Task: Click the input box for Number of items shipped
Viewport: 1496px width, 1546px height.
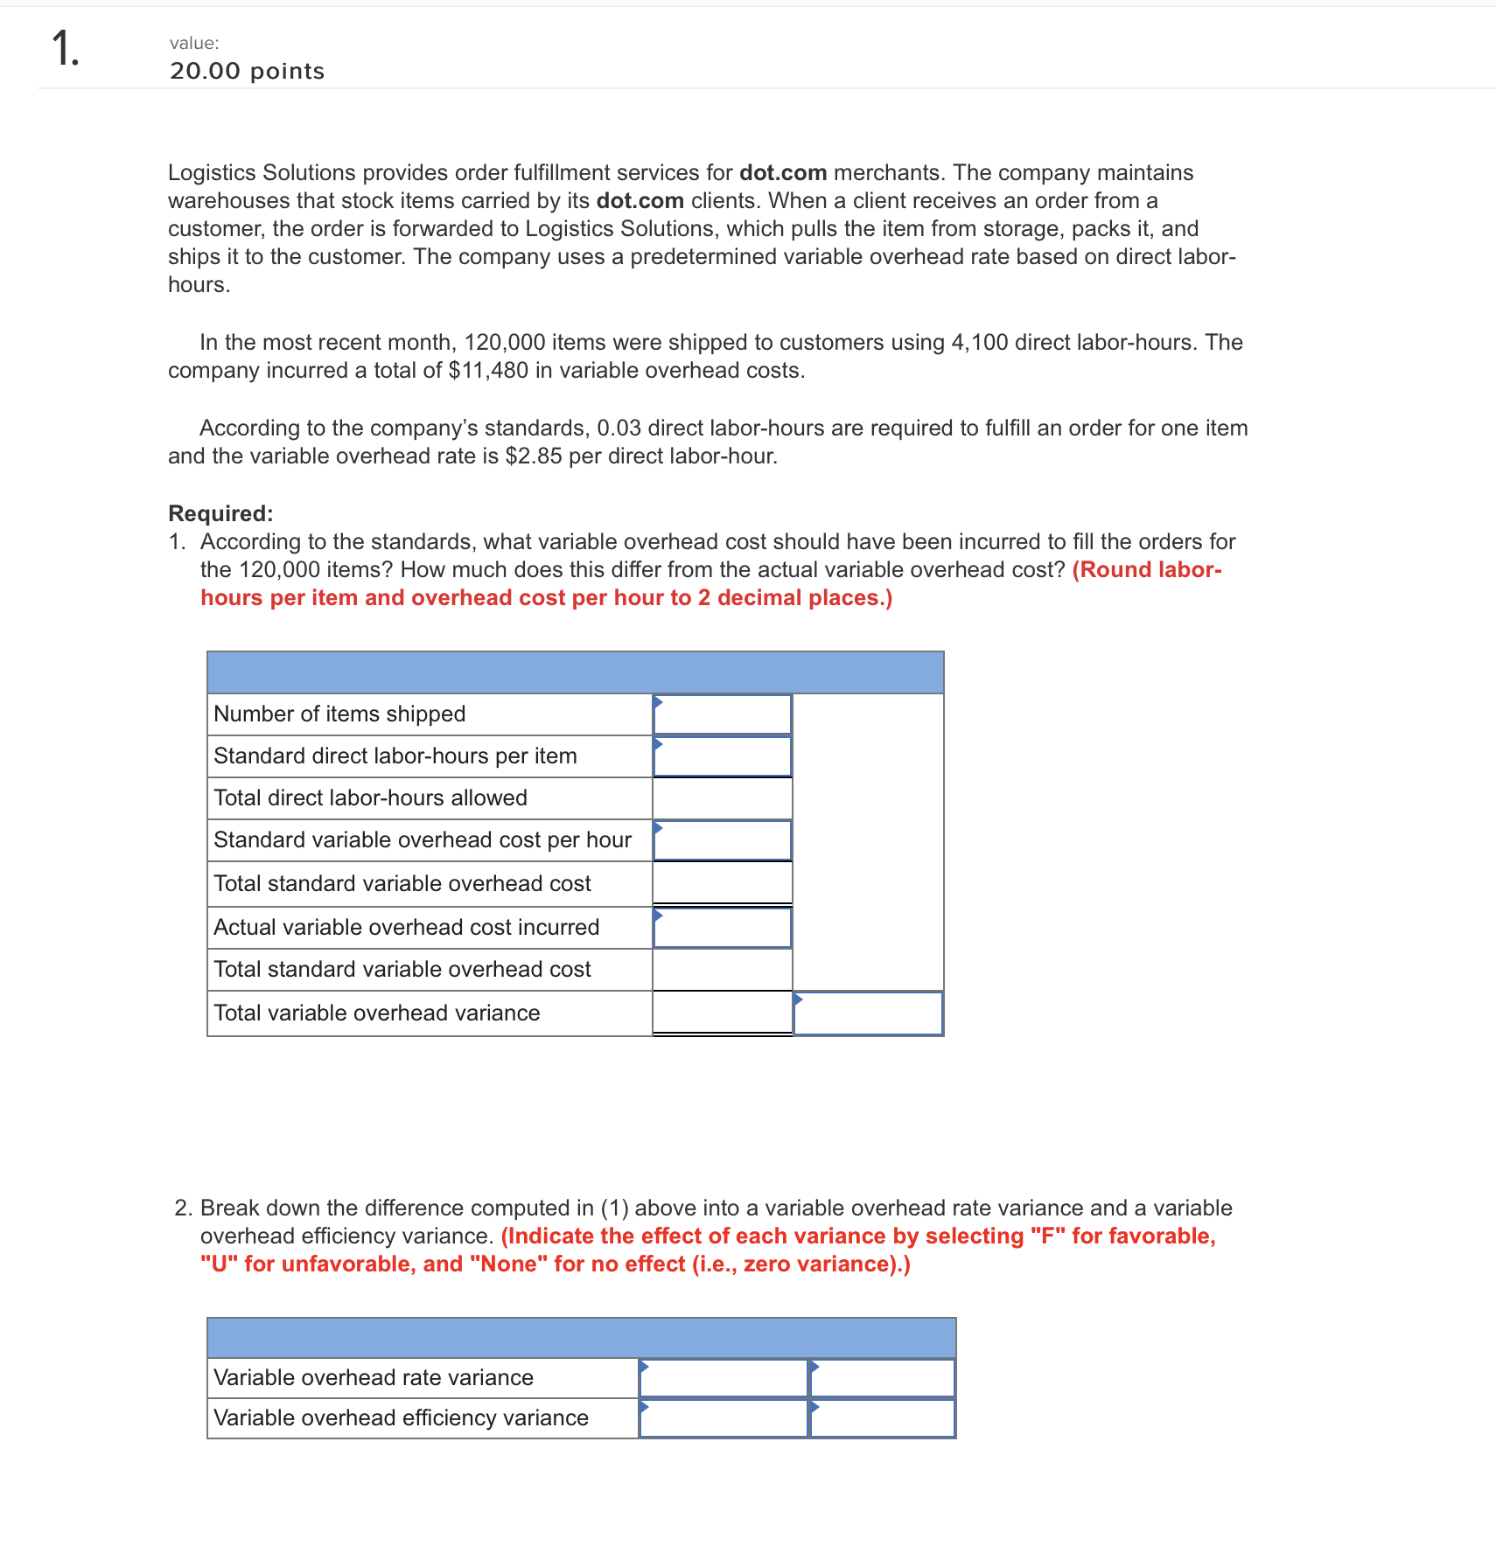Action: click(723, 714)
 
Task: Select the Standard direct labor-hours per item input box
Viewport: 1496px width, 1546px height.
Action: click(723, 756)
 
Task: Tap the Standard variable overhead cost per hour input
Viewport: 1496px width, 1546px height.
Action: click(723, 840)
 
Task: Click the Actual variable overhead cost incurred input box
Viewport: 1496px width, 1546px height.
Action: click(723, 928)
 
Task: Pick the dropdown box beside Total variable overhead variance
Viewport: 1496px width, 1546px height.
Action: click(868, 1013)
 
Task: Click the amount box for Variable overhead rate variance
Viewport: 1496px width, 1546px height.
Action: click(724, 1378)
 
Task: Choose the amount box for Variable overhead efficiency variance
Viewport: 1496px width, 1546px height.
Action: click(724, 1418)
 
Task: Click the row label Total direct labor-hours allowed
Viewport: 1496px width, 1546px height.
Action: click(370, 798)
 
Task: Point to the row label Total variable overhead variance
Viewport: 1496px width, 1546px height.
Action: click(376, 1013)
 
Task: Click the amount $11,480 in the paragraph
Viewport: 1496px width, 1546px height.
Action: click(488, 371)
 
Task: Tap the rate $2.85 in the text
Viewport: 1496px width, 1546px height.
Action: click(534, 456)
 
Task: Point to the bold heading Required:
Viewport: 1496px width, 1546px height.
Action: click(220, 513)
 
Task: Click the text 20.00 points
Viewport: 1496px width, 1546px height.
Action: click(247, 72)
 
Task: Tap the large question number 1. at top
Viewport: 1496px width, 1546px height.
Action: click(65, 48)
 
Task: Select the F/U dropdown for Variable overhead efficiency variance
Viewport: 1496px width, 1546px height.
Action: click(882, 1418)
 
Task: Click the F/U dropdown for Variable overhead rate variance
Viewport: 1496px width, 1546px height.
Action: click(882, 1378)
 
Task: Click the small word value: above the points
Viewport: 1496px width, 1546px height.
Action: click(194, 43)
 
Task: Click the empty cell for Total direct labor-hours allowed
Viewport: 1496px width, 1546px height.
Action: click(723, 798)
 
